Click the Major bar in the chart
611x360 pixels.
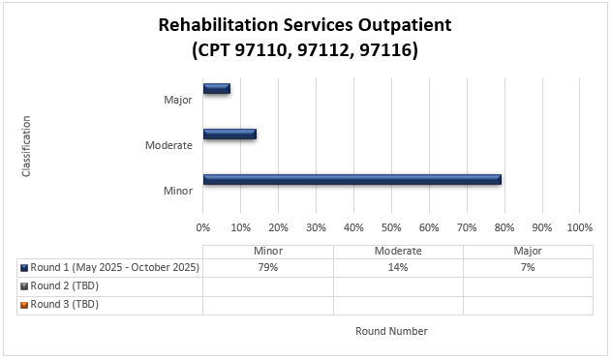point(216,89)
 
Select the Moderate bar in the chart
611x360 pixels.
point(229,134)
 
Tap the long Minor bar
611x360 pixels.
point(351,179)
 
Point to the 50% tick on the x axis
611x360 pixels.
point(391,227)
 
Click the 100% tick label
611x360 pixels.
point(579,227)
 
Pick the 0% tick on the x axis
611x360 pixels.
point(203,227)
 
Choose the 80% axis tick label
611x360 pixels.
point(504,227)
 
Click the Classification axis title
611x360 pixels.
point(26,145)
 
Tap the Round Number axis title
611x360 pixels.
point(391,331)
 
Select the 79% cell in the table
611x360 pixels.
point(268,268)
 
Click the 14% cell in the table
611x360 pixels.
point(398,268)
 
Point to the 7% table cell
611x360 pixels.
point(528,268)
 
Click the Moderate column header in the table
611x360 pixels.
point(398,251)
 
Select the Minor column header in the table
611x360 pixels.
point(268,251)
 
